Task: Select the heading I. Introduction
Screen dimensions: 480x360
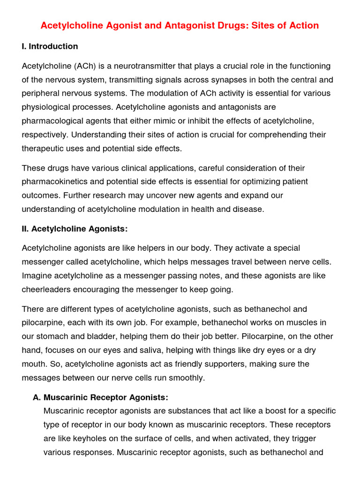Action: pyautogui.click(x=50, y=46)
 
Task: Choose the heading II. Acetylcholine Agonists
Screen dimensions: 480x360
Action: pyautogui.click(x=75, y=229)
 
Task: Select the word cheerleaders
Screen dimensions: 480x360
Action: pyautogui.click(x=45, y=290)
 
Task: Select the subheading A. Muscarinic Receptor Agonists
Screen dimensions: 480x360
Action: pyautogui.click(x=100, y=397)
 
